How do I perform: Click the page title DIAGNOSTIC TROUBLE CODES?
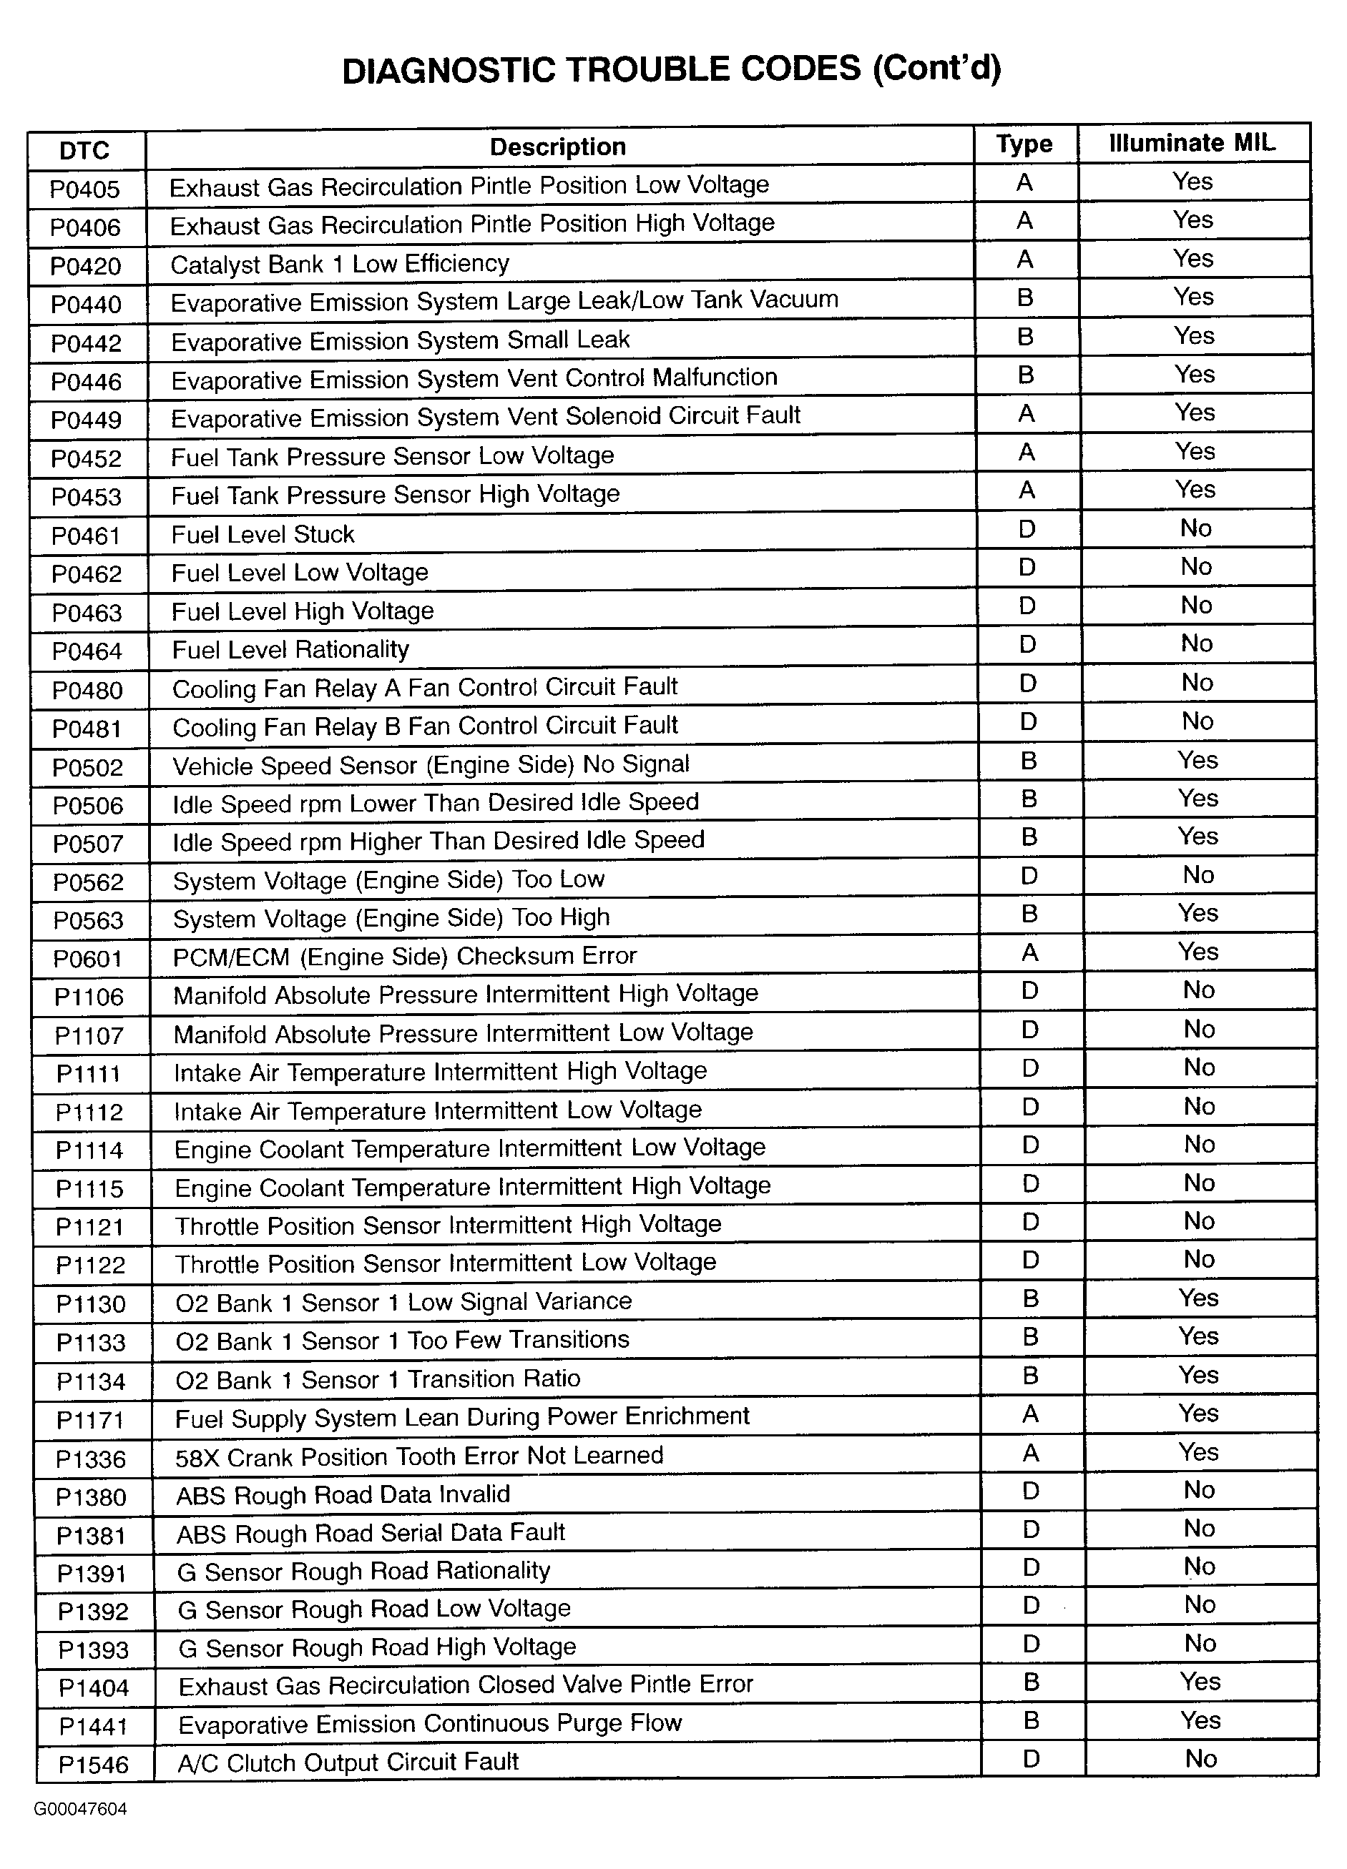(x=671, y=70)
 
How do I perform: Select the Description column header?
(x=558, y=147)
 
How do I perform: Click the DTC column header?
(x=85, y=151)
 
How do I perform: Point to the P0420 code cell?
(x=86, y=266)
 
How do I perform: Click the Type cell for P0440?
(x=1026, y=297)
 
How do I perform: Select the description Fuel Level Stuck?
(x=263, y=535)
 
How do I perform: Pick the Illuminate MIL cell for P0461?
(x=1195, y=528)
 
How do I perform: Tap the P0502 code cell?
(x=87, y=767)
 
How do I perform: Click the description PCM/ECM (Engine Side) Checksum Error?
(x=405, y=957)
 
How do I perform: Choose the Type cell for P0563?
(x=1029, y=914)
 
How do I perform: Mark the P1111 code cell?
(x=89, y=1074)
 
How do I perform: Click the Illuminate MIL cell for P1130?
(x=1197, y=1298)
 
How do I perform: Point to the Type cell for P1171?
(x=1030, y=1414)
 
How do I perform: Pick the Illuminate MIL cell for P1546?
(x=1201, y=1759)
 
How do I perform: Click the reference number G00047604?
(x=81, y=1809)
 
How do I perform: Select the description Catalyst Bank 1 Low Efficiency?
(x=340, y=265)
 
